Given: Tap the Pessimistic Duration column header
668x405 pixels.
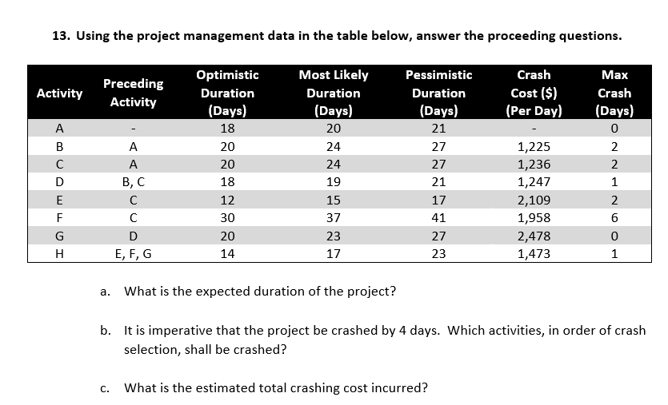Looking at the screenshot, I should pos(438,93).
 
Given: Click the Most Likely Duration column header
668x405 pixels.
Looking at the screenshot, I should pos(333,93).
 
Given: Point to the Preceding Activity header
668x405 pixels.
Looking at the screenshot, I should pos(134,93).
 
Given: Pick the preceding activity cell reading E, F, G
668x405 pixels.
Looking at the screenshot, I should pos(134,254).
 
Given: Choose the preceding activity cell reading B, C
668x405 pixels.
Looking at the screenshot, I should pos(134,182).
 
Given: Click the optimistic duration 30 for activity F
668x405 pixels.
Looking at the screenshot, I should pos(227,218).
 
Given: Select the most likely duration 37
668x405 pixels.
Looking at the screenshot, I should pos(334,218).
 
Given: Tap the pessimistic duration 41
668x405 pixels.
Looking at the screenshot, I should pos(438,218).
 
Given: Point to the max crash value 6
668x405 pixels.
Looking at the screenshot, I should pos(614,218).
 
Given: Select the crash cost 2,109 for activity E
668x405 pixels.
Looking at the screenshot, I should pos(534,201).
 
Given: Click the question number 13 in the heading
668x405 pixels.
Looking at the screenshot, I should pos(59,36).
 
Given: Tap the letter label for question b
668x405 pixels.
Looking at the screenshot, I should pos(106,331).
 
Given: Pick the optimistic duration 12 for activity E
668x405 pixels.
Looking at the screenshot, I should pos(227,201).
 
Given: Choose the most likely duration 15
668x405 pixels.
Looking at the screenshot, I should pos(334,201).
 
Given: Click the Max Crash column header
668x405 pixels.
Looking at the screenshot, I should pos(614,93).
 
